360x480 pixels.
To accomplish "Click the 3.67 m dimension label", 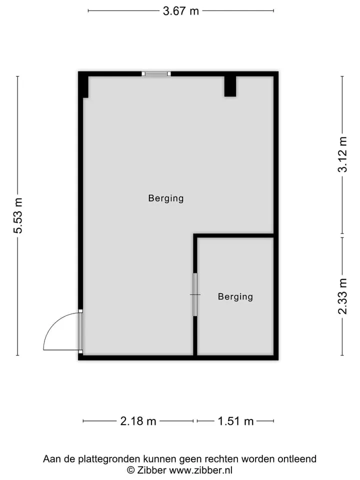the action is [x=181, y=11].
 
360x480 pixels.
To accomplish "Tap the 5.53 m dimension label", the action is [x=18, y=215].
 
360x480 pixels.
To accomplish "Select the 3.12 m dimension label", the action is [x=342, y=154].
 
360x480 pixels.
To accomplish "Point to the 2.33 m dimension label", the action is [x=342, y=296].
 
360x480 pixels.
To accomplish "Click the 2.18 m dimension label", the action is [x=138, y=421].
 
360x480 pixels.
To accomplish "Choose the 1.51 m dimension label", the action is [x=235, y=421].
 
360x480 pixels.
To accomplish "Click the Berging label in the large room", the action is [x=166, y=198].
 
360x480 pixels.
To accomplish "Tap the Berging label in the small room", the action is [x=235, y=296].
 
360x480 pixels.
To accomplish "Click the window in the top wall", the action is [x=156, y=74].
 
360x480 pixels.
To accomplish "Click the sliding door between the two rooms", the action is [x=195, y=294].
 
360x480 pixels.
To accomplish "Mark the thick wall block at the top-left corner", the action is [x=83, y=85].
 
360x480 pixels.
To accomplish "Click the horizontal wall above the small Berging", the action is [x=233, y=235].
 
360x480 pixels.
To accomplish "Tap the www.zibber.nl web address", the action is [x=200, y=470].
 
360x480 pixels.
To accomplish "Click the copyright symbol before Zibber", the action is [x=130, y=470].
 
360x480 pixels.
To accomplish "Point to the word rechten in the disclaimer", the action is [x=222, y=459].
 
